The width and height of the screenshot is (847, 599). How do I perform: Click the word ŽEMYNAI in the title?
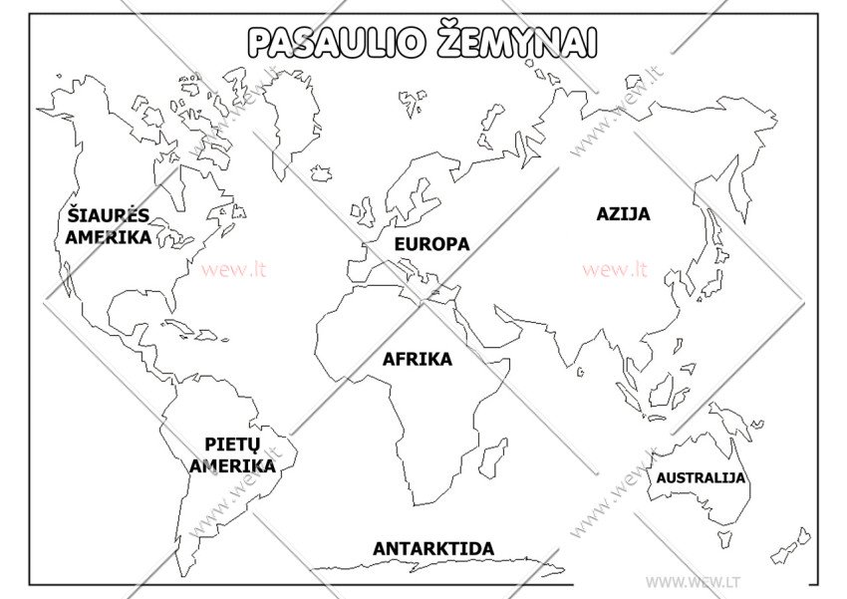click(516, 42)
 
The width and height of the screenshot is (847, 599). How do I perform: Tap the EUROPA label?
click(431, 244)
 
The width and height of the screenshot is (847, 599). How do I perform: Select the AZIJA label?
click(623, 214)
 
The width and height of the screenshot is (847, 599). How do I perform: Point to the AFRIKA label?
click(418, 360)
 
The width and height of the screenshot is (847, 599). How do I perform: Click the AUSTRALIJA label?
click(701, 478)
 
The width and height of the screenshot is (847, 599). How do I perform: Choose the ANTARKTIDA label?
click(433, 549)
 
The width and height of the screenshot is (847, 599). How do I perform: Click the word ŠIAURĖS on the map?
click(108, 215)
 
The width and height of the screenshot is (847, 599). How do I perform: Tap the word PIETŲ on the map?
click(232, 445)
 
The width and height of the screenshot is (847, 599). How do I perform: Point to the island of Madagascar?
click(492, 457)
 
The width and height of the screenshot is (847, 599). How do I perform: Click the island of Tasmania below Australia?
click(725, 539)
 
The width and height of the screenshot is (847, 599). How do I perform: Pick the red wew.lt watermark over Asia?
click(615, 269)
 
